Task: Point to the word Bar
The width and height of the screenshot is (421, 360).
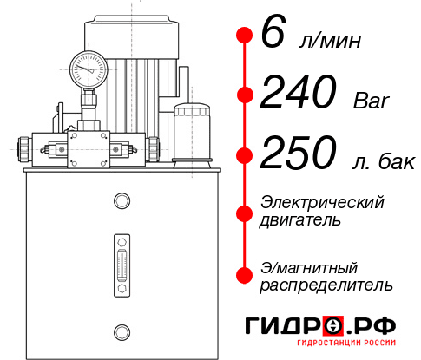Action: tap(373, 100)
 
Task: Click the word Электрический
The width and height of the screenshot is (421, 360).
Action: tap(322, 202)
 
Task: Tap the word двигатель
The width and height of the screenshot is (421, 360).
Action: tap(300, 220)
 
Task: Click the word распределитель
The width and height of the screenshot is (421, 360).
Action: tap(326, 285)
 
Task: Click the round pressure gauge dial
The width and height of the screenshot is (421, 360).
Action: tap(88, 66)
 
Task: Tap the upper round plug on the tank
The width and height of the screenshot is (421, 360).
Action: tap(121, 202)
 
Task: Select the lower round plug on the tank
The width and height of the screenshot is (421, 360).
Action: tap(121, 329)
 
